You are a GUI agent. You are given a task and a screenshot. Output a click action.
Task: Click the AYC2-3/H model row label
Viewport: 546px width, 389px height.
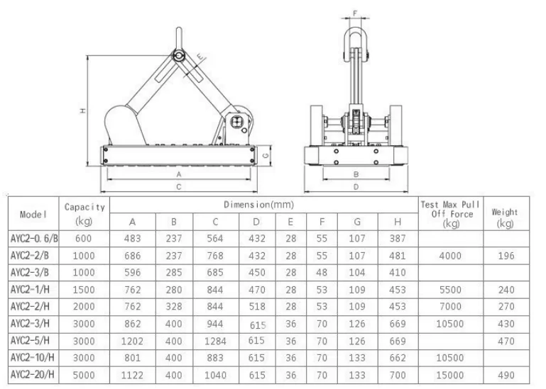(x=30, y=324)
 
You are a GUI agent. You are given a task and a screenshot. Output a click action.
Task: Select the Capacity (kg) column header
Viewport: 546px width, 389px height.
(x=84, y=213)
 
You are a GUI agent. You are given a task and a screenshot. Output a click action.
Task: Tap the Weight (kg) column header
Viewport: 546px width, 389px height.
(x=505, y=218)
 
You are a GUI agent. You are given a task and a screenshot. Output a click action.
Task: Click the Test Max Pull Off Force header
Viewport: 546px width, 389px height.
(x=451, y=214)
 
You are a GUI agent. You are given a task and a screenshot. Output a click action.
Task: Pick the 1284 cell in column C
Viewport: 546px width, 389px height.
(x=215, y=341)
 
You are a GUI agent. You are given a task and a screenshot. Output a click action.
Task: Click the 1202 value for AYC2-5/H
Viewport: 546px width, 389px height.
(x=132, y=341)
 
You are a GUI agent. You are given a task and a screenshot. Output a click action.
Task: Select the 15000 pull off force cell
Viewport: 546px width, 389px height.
(x=450, y=375)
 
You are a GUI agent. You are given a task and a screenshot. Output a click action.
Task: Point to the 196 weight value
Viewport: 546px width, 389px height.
(x=506, y=256)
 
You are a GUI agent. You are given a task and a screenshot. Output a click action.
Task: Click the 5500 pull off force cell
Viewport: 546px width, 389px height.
(x=450, y=290)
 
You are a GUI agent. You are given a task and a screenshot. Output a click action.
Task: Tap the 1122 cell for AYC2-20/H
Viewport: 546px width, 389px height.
(x=132, y=375)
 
